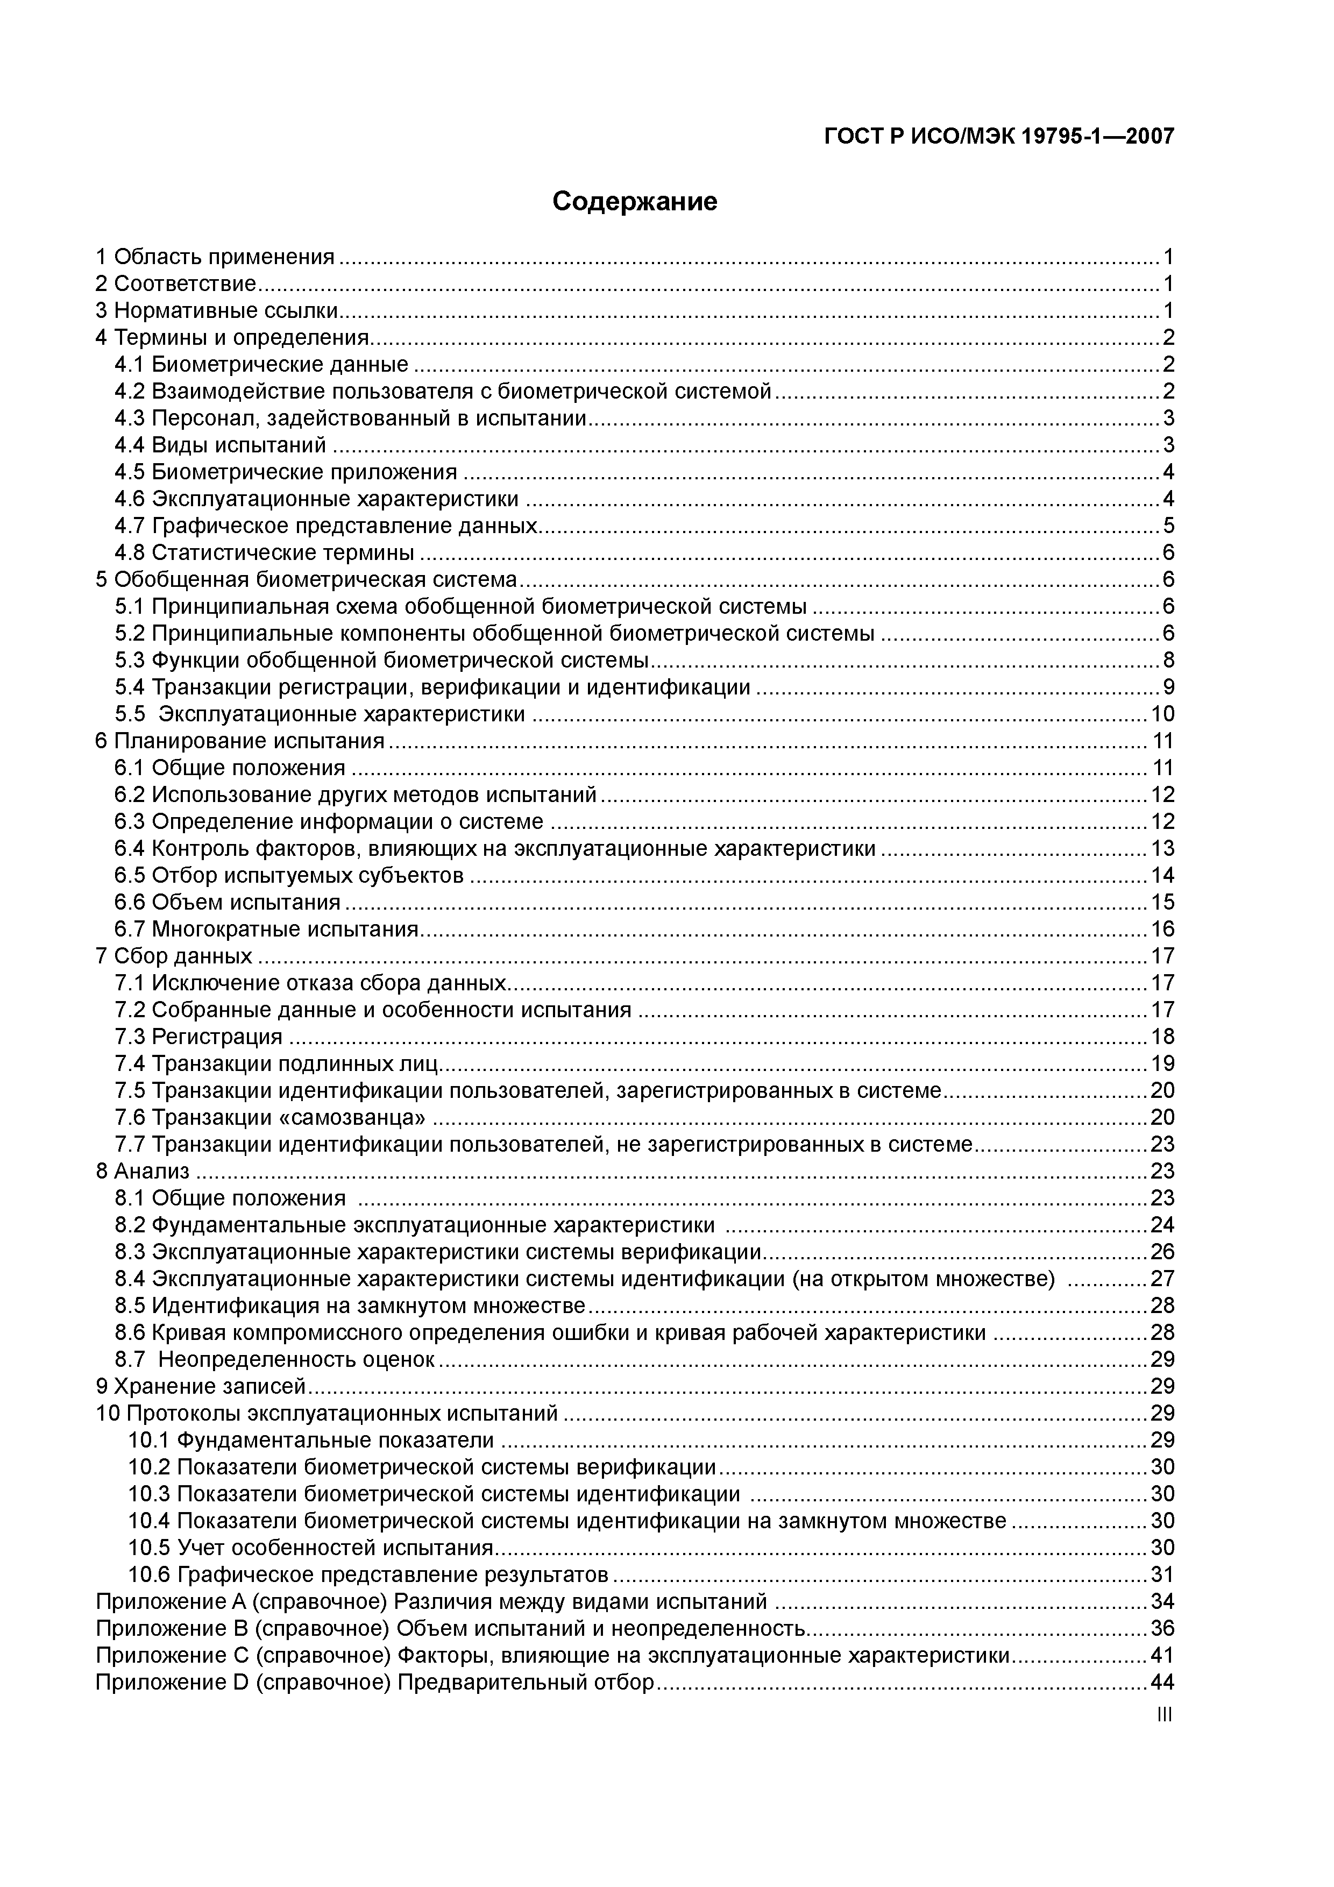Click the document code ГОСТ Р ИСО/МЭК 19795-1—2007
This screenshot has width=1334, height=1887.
(999, 137)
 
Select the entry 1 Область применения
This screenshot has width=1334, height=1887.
(215, 257)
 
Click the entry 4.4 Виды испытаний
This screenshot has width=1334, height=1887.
(221, 445)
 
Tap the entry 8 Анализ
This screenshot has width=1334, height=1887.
(142, 1171)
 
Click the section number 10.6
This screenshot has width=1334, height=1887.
(149, 1574)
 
